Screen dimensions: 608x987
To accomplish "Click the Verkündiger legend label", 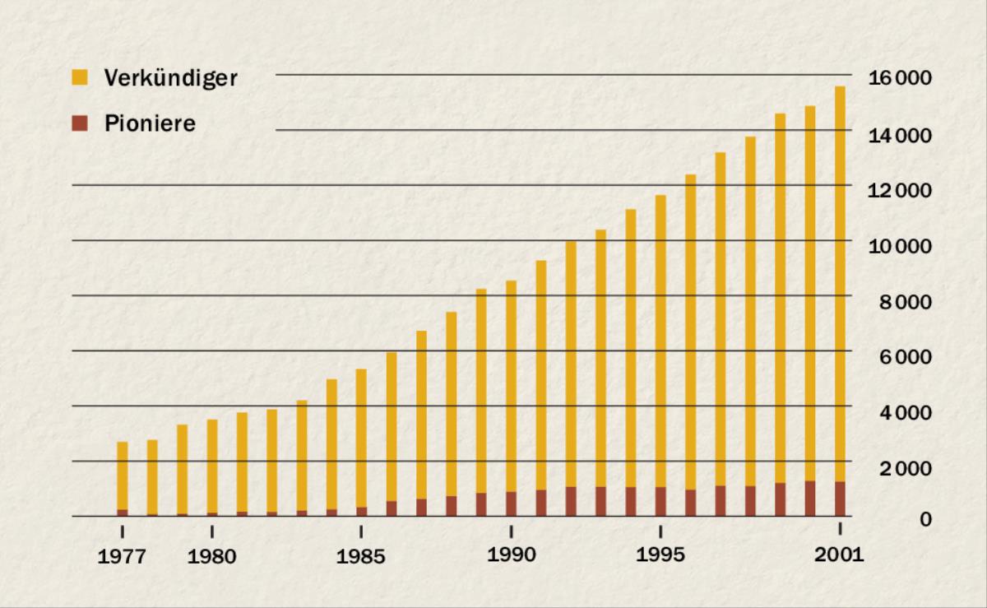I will (170, 79).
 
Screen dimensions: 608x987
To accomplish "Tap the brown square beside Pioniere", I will (80, 124).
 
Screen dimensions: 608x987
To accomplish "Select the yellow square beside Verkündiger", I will (80, 78).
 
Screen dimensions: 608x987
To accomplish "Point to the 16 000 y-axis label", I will (901, 78).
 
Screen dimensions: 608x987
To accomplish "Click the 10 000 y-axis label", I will (901, 246).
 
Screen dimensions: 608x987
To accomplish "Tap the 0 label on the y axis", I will (926, 519).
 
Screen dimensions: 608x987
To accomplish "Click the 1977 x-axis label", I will (122, 557).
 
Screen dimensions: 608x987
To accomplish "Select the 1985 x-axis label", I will (361, 557).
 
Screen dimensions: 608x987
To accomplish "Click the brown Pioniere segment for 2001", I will (840, 499).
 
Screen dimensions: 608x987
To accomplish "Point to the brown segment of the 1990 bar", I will (511, 504).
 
